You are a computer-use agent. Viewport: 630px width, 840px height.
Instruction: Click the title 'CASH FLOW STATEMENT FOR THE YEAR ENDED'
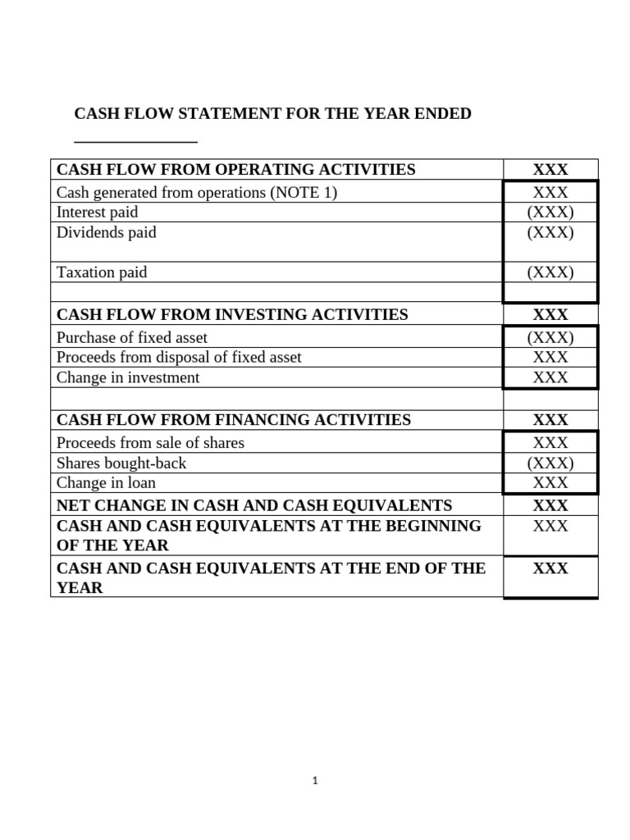(273, 113)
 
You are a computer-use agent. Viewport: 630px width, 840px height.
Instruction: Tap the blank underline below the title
(136, 141)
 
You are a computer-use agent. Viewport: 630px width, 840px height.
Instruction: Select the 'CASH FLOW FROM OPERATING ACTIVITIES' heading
(235, 170)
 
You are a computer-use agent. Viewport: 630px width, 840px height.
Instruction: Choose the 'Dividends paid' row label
(106, 232)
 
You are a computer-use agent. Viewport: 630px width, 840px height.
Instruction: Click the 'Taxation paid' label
(101, 272)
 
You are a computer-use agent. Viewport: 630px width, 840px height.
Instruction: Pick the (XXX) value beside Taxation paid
(550, 272)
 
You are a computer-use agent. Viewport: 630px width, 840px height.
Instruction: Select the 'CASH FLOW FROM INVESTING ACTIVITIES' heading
(232, 314)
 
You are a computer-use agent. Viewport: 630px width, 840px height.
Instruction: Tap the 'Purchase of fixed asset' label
(132, 337)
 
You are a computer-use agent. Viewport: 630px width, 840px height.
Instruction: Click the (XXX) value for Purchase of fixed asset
(550, 337)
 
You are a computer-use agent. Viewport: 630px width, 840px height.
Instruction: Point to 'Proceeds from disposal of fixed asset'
(179, 357)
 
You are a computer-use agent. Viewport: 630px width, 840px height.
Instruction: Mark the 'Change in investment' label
(128, 377)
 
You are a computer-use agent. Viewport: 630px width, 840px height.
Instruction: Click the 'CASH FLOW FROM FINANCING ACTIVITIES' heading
(234, 419)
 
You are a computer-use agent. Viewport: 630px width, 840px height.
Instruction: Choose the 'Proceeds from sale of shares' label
(150, 443)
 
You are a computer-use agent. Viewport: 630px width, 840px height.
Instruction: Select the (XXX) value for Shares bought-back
(550, 463)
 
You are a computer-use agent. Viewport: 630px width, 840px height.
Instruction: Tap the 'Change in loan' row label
(106, 482)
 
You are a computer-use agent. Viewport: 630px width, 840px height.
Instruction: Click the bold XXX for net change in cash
(550, 505)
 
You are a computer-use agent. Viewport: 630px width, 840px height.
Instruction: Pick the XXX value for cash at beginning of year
(550, 526)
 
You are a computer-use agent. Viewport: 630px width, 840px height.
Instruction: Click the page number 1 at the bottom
(315, 781)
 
